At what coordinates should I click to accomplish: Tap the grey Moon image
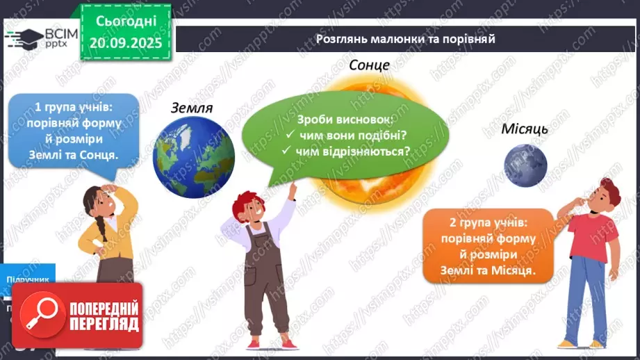[x=526, y=165]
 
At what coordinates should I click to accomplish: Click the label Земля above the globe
[x=191, y=108]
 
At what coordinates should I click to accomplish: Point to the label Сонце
[x=369, y=65]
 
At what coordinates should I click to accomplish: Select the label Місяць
[x=525, y=129]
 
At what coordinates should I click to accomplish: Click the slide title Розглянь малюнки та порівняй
[x=405, y=39]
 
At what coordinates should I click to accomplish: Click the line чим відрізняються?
[x=352, y=150]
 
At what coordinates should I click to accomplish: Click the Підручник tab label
[x=28, y=279]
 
